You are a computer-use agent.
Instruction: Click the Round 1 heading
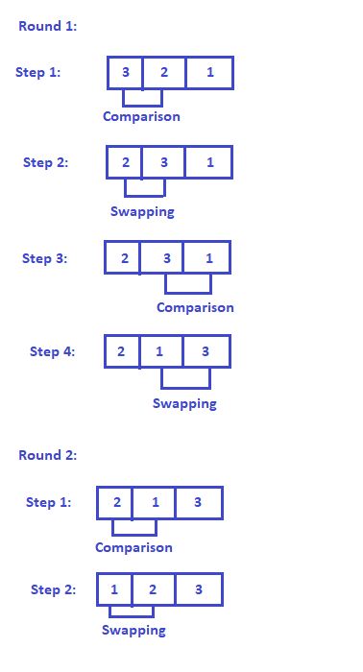[48, 26]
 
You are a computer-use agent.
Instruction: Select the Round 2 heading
[48, 455]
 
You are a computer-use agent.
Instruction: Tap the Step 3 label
[45, 258]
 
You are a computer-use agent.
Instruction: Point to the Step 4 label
[52, 351]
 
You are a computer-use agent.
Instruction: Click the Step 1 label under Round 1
[38, 72]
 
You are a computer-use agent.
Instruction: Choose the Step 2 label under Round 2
[51, 589]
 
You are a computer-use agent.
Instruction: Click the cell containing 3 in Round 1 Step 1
[125, 73]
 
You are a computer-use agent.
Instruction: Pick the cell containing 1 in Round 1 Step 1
[209, 73]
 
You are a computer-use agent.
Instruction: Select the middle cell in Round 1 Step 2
[163, 162]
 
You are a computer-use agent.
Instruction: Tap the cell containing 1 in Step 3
[208, 258]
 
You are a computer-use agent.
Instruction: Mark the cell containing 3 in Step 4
[206, 351]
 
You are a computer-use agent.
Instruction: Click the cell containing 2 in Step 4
[122, 351]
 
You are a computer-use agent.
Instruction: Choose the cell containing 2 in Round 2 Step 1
[115, 502]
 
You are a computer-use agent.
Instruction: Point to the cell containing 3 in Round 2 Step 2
[199, 589]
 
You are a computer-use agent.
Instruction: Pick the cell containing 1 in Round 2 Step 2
[114, 589]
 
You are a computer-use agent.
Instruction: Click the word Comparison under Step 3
[195, 308]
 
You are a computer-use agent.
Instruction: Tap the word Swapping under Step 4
[184, 403]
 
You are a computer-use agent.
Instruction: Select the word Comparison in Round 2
[133, 547]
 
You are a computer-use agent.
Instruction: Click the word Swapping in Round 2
[133, 630]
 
